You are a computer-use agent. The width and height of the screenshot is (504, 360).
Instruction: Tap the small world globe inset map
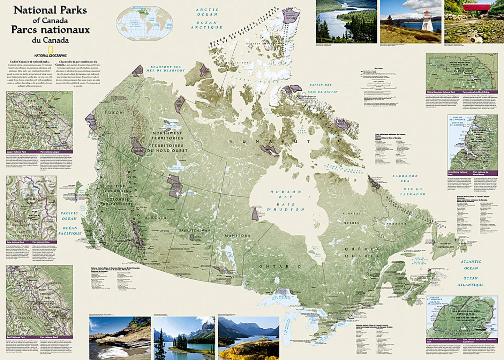pyautogui.click(x=144, y=22)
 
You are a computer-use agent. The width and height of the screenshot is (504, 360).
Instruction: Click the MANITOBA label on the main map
pyautogui.click(x=237, y=236)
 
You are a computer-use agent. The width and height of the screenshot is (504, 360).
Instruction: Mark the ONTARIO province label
pyautogui.click(x=280, y=266)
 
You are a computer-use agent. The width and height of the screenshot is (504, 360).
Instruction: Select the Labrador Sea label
pyautogui.click(x=405, y=178)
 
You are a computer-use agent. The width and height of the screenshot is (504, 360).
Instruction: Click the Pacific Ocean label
pyautogui.click(x=69, y=216)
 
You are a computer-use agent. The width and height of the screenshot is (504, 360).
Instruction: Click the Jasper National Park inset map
pyautogui.click(x=39, y=121)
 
